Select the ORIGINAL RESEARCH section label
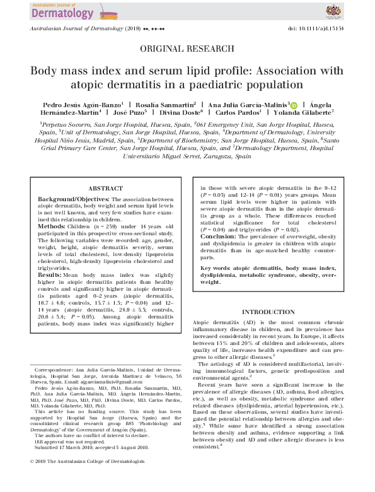click(x=187, y=48)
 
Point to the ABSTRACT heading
click(x=105, y=188)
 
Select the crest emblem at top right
click(x=333, y=11)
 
